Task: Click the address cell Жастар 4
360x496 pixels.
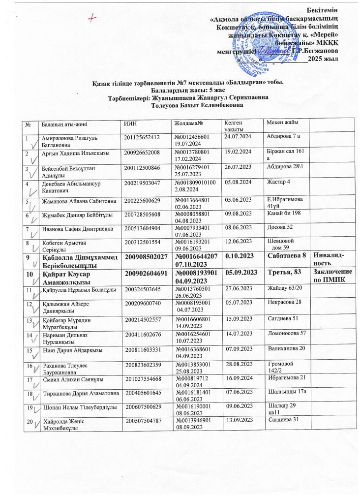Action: click(278, 196)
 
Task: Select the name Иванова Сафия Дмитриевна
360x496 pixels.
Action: click(78, 229)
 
